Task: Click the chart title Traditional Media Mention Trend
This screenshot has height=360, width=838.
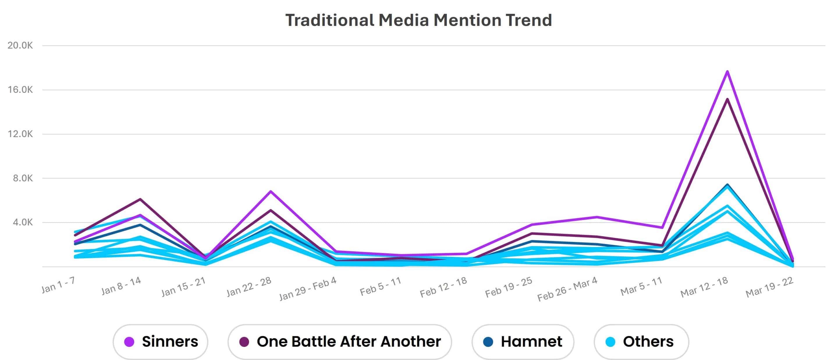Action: (x=419, y=20)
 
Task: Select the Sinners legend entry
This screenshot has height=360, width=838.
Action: (x=161, y=342)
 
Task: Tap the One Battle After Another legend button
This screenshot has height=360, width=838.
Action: (x=340, y=342)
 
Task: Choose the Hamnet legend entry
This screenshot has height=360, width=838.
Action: (x=523, y=342)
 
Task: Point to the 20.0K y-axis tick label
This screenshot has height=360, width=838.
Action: (x=20, y=45)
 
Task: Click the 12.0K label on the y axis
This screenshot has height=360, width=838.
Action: (x=20, y=134)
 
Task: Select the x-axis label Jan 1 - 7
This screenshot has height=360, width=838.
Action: (x=58, y=285)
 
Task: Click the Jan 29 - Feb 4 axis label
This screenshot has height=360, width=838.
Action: (x=308, y=289)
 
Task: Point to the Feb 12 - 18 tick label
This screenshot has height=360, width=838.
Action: (x=443, y=287)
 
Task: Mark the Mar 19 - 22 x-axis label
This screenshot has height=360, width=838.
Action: (x=770, y=287)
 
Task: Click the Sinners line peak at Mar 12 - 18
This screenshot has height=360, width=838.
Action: (x=727, y=71)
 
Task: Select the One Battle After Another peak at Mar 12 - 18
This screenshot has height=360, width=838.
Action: (x=727, y=99)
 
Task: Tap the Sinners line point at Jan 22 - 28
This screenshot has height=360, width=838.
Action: (x=271, y=191)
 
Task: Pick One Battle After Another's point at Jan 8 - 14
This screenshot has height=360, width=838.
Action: (x=140, y=199)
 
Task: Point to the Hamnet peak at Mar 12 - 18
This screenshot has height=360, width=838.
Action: (x=727, y=185)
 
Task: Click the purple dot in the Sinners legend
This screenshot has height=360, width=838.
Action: (x=129, y=342)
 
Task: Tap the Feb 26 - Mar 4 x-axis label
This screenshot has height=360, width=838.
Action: (x=567, y=289)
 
